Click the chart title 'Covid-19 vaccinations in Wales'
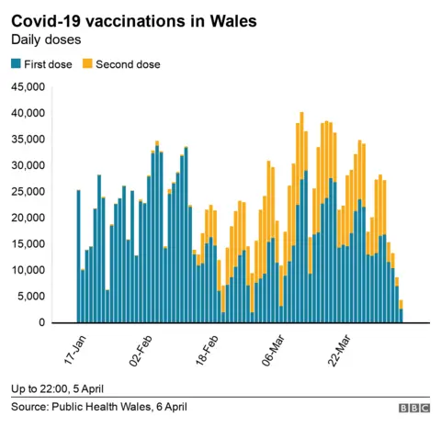pos(133,19)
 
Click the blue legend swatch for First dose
pos(16,64)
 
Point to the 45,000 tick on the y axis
pos(28,87)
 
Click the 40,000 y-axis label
pos(28,113)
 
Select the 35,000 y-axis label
pos(28,140)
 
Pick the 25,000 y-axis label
pos(28,192)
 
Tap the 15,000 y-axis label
pos(28,244)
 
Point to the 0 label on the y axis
pos(41,323)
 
